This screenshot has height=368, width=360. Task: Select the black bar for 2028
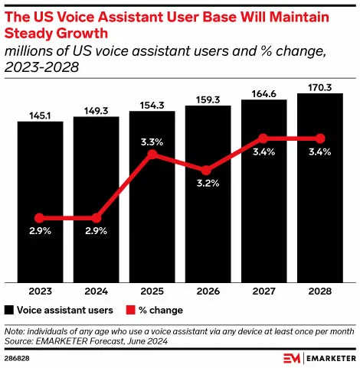point(320,191)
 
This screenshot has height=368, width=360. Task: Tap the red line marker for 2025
point(152,155)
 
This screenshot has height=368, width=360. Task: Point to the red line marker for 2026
point(208,171)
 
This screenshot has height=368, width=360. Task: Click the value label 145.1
point(40,116)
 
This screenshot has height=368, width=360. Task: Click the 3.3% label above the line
point(152,141)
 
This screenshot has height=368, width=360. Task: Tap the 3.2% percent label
point(208,184)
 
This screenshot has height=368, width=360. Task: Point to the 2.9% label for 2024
point(96,230)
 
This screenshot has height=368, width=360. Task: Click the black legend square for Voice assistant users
point(10,310)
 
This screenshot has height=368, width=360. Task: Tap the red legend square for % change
point(129,310)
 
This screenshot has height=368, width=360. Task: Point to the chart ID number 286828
point(17,357)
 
